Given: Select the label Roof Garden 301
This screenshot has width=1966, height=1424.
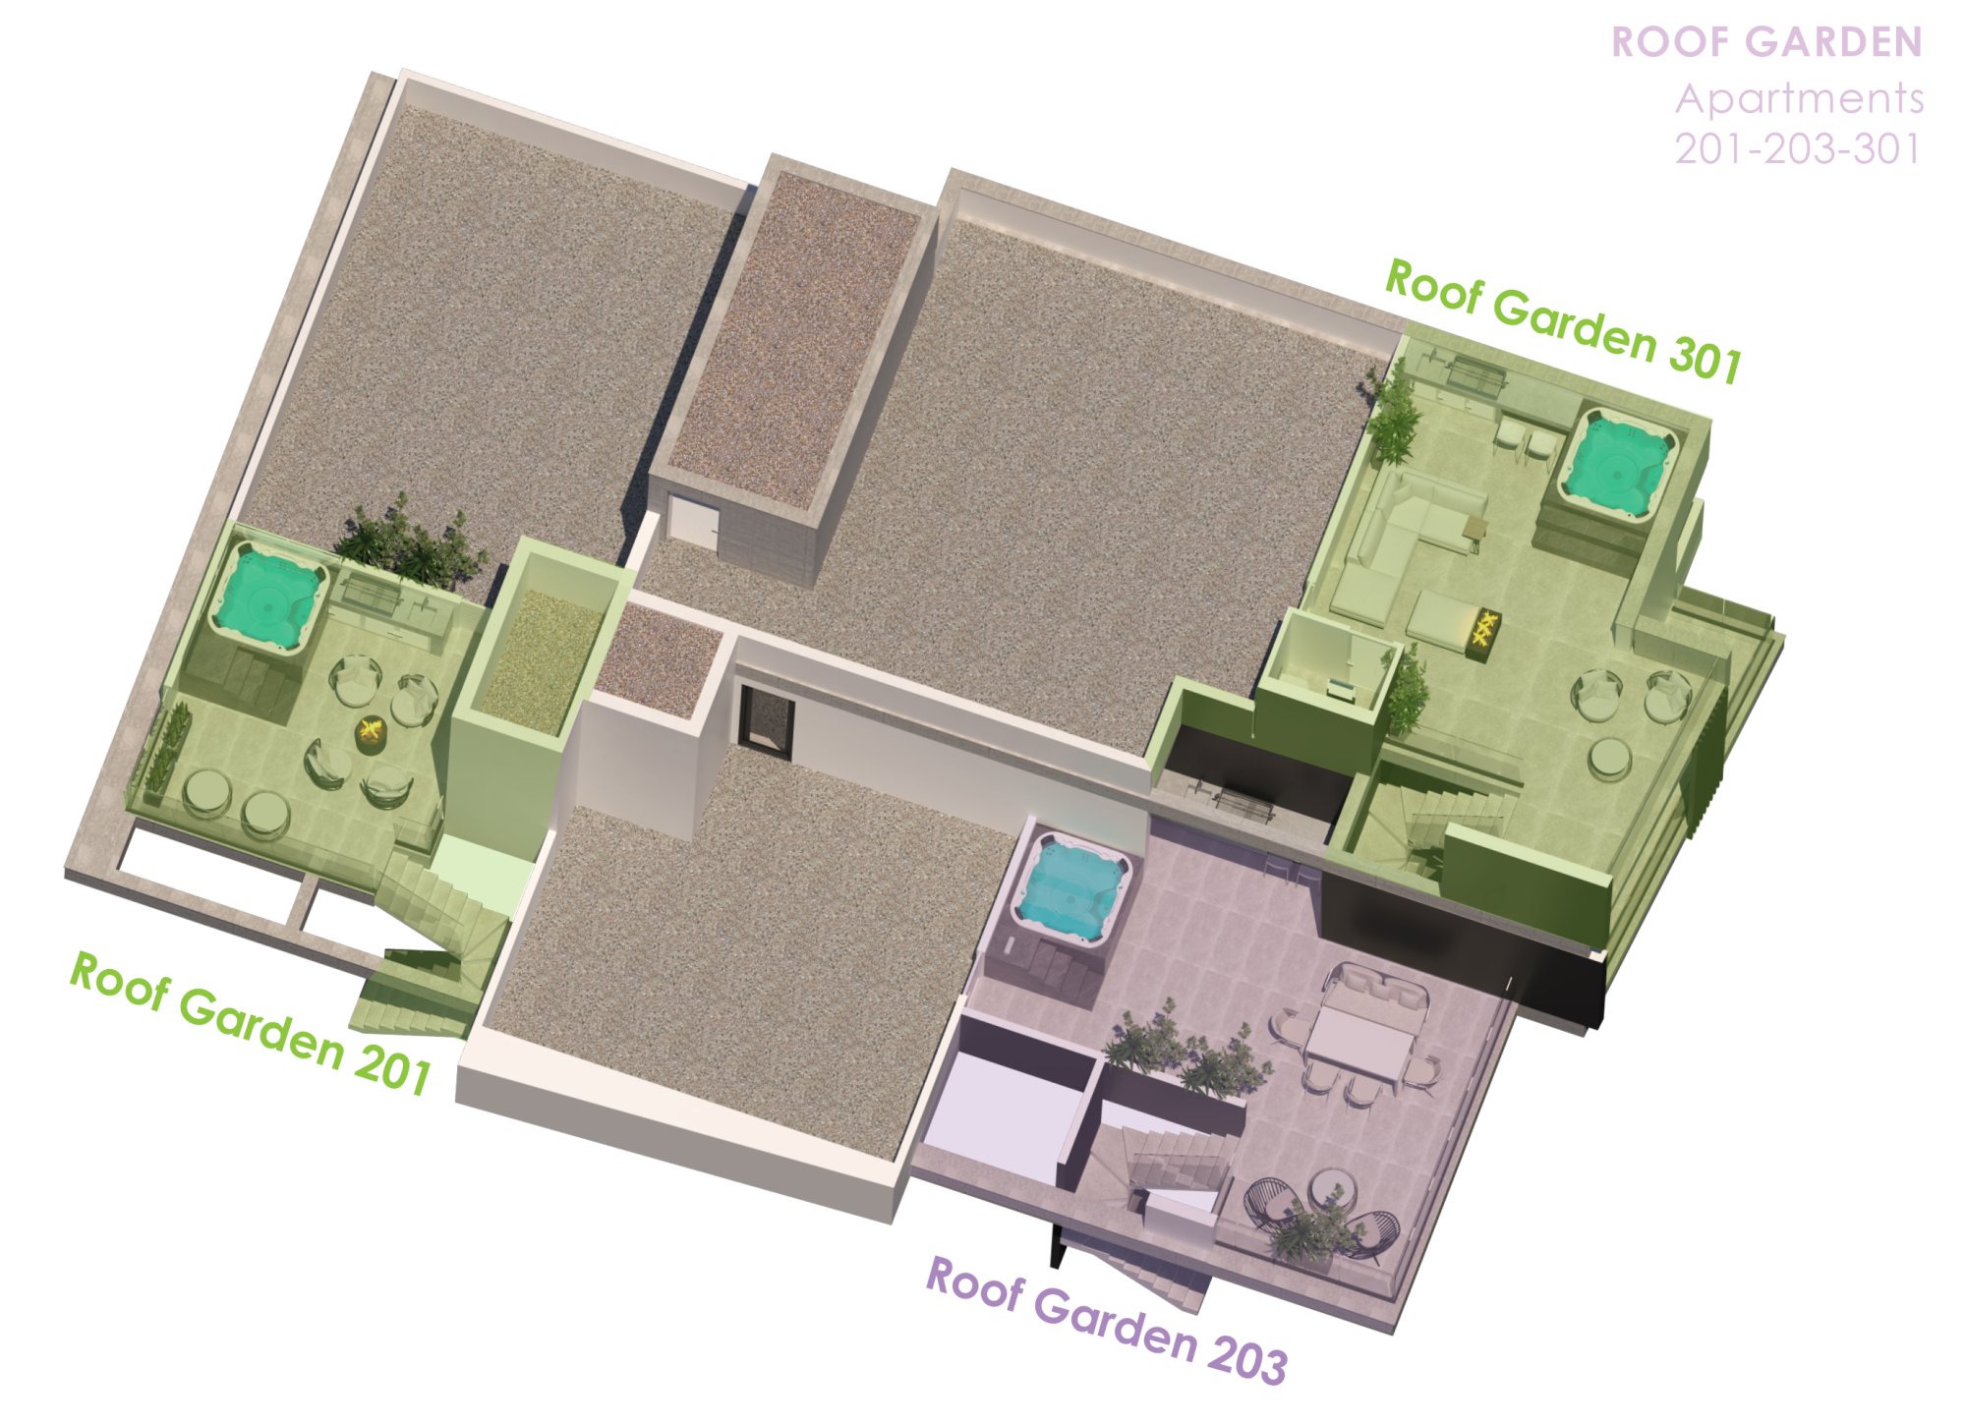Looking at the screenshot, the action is (1564, 320).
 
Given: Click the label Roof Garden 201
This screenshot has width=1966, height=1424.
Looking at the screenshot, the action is (251, 1023).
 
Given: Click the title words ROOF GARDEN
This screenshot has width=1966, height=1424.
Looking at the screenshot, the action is (1766, 42).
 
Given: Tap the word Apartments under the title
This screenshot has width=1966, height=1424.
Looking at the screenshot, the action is (1800, 98).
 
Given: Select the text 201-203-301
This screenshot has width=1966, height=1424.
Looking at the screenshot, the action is (1798, 149).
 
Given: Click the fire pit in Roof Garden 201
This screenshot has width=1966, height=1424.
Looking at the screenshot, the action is (373, 733).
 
